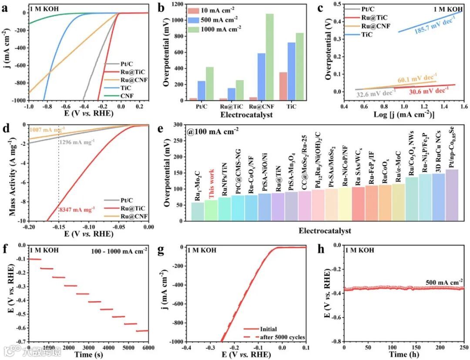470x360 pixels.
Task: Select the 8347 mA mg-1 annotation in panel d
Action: coord(77,210)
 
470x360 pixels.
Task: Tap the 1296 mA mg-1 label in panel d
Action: coord(77,142)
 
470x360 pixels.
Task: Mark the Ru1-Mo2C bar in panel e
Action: coord(198,212)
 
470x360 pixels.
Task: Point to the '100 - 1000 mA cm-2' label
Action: coord(120,250)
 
